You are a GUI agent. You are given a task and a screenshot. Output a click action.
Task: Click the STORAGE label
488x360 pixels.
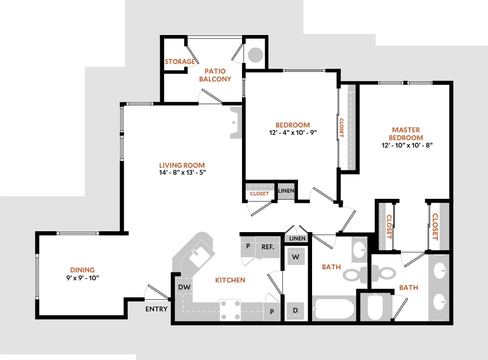[x=179, y=62]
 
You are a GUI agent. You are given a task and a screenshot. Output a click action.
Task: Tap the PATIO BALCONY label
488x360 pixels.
[x=215, y=75]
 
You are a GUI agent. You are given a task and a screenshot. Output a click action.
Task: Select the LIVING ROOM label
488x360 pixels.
[x=182, y=165]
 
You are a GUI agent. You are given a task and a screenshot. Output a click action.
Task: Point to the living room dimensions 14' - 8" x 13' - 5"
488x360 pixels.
[x=182, y=173]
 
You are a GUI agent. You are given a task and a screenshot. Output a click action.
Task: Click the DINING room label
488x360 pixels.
[x=82, y=270]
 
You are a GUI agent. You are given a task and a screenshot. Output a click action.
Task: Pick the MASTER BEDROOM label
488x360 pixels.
[x=406, y=134]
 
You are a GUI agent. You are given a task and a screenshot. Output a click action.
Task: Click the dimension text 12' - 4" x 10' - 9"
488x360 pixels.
[x=292, y=132]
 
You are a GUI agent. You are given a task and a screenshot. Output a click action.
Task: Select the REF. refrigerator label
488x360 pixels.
[x=268, y=247]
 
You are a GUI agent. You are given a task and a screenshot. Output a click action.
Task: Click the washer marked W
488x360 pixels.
[x=295, y=257]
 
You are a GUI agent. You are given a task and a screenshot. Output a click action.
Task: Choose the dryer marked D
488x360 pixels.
[x=295, y=311]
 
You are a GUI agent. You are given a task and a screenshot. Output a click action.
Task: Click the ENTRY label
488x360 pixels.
[x=156, y=309]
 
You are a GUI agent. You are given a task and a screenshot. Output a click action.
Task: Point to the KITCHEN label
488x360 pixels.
[x=230, y=280]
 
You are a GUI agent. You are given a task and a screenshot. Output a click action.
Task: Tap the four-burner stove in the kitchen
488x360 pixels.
[x=230, y=310]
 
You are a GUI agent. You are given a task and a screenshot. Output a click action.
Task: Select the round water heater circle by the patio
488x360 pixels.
[x=256, y=54]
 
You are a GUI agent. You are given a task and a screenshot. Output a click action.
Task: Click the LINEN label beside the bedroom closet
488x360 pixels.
[x=286, y=191]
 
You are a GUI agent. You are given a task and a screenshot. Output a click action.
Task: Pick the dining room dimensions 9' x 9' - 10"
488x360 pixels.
[x=82, y=278]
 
